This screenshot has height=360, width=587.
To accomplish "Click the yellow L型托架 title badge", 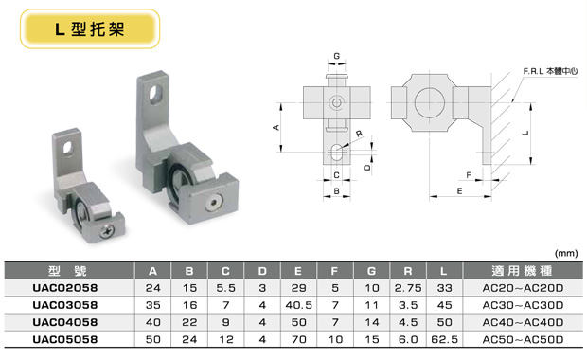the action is [90, 29].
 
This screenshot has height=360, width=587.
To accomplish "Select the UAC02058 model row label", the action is [65, 288].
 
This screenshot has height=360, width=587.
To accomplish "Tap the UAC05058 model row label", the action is [65, 339].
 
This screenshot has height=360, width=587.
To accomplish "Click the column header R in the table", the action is [408, 271].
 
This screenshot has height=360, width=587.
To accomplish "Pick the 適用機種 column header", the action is [523, 270].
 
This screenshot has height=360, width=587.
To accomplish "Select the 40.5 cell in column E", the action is [299, 305].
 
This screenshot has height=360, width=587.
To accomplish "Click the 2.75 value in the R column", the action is [408, 288].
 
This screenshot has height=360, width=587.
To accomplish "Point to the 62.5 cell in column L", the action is [444, 339].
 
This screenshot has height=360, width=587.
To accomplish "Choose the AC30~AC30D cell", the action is [523, 305].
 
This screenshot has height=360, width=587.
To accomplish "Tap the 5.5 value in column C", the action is [225, 288].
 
